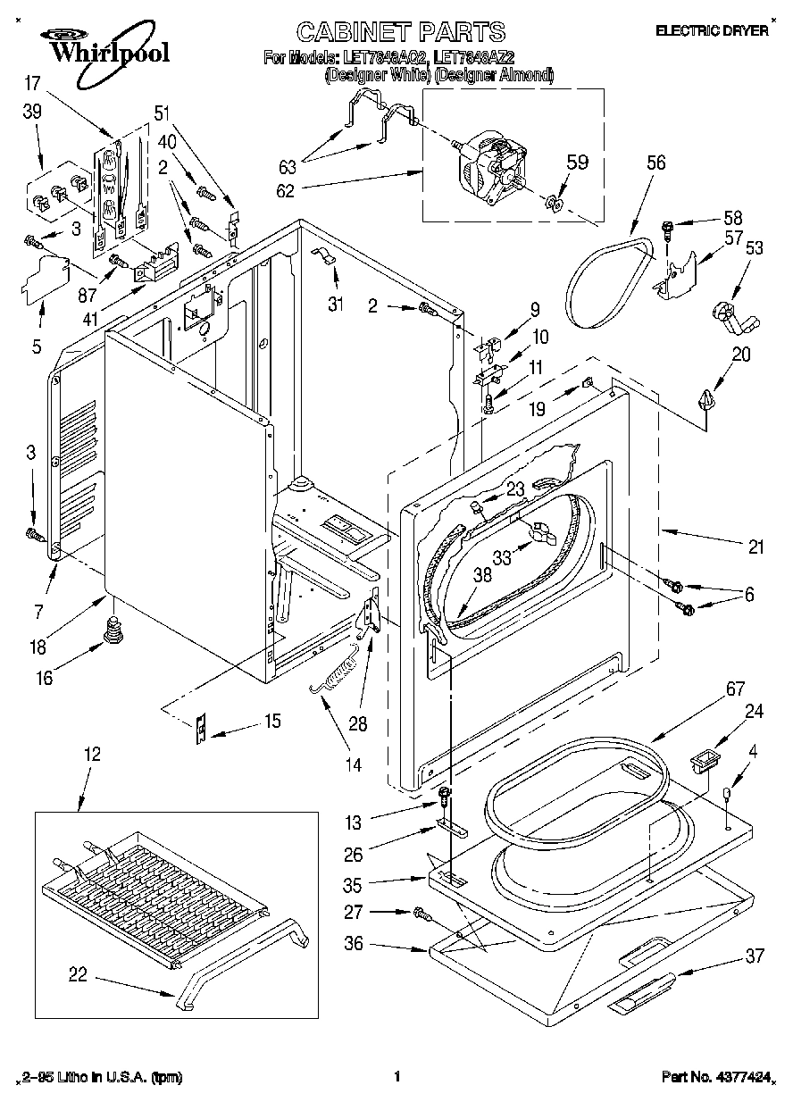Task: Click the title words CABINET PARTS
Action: (400, 34)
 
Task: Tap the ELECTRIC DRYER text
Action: (712, 30)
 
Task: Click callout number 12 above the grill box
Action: (93, 754)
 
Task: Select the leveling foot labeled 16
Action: (113, 630)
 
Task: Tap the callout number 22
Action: (78, 975)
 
